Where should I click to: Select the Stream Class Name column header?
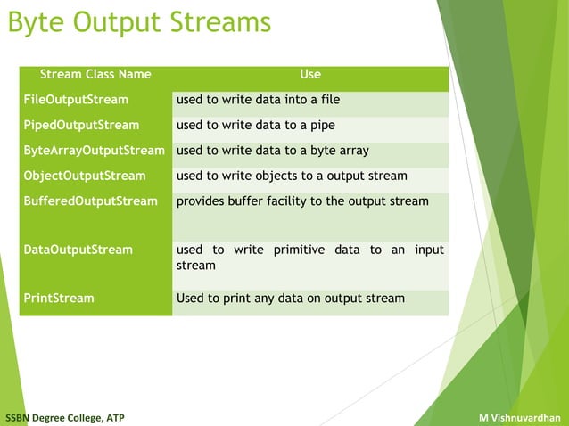tap(95, 74)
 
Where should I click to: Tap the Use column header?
tap(309, 74)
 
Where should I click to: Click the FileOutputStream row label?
tap(76, 100)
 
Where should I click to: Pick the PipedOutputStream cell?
tap(81, 125)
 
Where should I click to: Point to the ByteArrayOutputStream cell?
tap(94, 151)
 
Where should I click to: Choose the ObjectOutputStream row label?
tap(85, 176)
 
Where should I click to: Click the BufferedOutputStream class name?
tap(90, 201)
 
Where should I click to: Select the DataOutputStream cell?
tap(78, 250)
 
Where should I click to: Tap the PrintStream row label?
tap(59, 298)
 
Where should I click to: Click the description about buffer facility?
tap(302, 201)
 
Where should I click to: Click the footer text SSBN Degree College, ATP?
tap(65, 417)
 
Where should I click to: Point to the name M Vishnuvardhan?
tap(519, 417)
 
